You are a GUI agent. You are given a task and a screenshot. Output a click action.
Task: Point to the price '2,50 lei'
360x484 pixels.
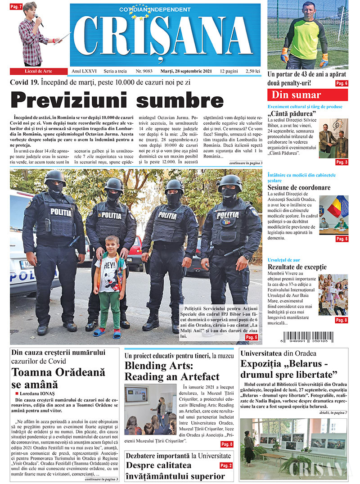pyautogui.click(x=251, y=71)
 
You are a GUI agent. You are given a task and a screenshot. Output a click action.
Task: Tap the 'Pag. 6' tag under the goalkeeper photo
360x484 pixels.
pyautogui.click(x=342, y=83)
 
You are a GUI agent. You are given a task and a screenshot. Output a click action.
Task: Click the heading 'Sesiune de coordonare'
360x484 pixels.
pyautogui.click(x=299, y=188)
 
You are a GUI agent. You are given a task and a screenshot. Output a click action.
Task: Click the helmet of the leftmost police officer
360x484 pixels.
pyautogui.click(x=55, y=176)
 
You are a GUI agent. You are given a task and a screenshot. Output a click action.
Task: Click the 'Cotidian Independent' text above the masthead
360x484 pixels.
pyautogui.click(x=148, y=9)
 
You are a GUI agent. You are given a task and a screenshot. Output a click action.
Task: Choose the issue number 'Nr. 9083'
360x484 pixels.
pyautogui.click(x=144, y=71)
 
